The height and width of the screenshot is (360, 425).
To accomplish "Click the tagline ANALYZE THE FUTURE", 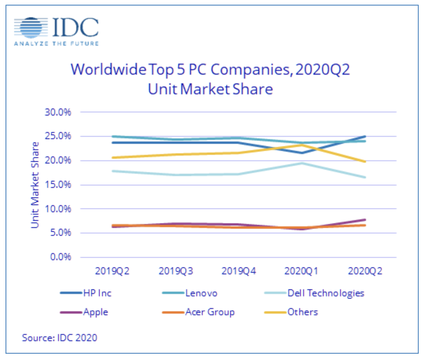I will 56,44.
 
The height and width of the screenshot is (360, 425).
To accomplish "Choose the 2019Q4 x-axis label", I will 239,271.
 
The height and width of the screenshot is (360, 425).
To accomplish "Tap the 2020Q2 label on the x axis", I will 365,271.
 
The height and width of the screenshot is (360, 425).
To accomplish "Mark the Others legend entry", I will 302,312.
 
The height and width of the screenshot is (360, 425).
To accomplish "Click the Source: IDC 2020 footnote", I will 59,338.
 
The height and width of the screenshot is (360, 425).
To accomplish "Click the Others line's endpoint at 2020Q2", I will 365,162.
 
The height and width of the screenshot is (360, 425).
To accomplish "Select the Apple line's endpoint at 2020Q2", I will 365,220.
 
